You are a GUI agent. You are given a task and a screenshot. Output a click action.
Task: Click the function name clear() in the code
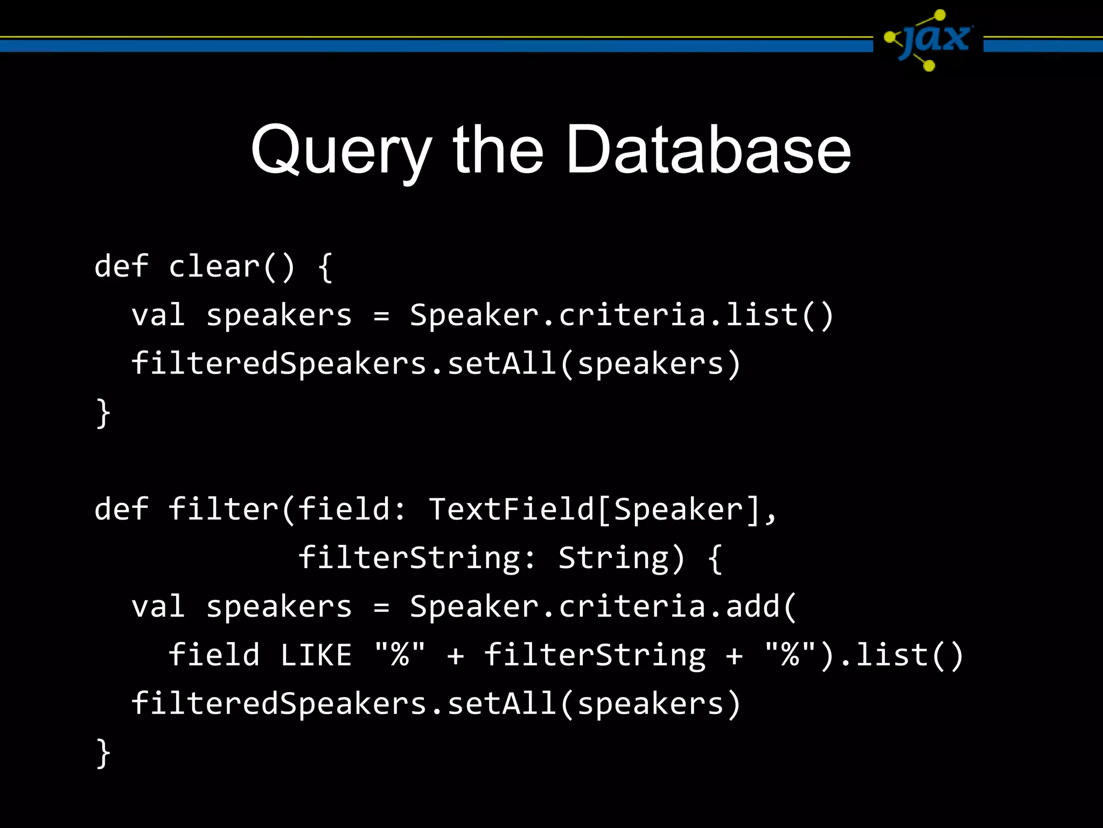coord(232,267)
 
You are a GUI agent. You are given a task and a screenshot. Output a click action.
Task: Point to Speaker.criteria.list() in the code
coord(622,315)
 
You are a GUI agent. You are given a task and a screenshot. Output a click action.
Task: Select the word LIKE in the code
coord(316,655)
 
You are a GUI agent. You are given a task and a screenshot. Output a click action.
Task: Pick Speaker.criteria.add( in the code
coord(603,607)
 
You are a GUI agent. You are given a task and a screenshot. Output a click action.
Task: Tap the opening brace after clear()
coord(325,267)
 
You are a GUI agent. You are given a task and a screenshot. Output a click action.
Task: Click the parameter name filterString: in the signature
coord(417,558)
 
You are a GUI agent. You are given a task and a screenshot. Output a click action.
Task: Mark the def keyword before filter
coord(121,509)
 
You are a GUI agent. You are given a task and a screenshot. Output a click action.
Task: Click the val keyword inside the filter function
coord(158,607)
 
